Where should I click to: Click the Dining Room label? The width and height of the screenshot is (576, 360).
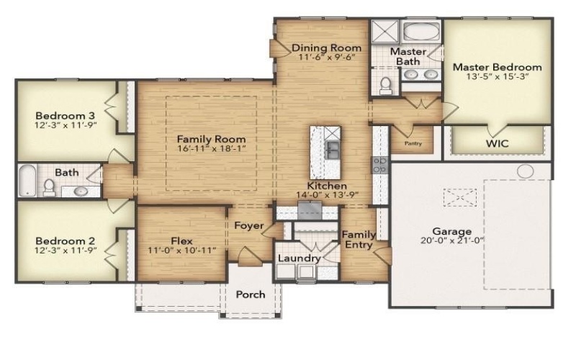pyautogui.click(x=326, y=48)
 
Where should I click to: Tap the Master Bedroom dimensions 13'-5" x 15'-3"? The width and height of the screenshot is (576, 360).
pyautogui.click(x=497, y=78)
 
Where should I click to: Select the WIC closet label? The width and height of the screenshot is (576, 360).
pyautogui.click(x=497, y=143)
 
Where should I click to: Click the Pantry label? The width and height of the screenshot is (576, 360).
pyautogui.click(x=413, y=143)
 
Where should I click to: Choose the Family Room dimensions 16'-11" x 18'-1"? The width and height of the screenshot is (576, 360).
pyautogui.click(x=211, y=150)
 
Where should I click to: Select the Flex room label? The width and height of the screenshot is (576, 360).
pyautogui.click(x=181, y=241)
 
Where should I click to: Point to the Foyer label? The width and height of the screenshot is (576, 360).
pyautogui.click(x=250, y=225)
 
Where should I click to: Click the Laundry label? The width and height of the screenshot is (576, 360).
pyautogui.click(x=299, y=258)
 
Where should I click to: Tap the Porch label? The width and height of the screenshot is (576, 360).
pyautogui.click(x=251, y=294)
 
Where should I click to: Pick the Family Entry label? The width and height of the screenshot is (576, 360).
pyautogui.click(x=358, y=240)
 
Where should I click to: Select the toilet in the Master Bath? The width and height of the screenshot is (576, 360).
pyautogui.click(x=385, y=86)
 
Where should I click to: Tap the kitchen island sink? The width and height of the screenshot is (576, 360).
pyautogui.click(x=332, y=150)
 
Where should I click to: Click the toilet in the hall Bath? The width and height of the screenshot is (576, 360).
pyautogui.click(x=49, y=187)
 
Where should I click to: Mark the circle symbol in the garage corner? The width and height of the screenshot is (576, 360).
pyautogui.click(x=526, y=171)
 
